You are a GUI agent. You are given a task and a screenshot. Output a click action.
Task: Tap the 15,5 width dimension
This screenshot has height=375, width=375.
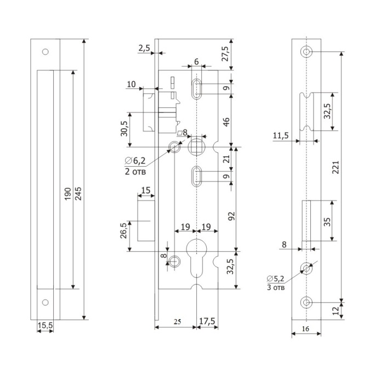(x=45, y=326)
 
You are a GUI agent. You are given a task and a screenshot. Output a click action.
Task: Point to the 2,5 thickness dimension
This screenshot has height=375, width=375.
(x=144, y=49)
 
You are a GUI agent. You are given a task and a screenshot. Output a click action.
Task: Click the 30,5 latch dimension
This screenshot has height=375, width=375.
(x=124, y=129)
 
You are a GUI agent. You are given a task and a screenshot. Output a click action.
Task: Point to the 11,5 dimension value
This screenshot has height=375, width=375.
(x=280, y=135)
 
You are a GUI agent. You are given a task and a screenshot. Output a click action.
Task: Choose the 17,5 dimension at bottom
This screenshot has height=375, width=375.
(x=208, y=320)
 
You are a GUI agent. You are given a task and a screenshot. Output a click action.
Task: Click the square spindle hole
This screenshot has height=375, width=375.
(x=196, y=147)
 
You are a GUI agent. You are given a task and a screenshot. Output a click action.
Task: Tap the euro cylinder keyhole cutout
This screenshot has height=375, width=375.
(x=196, y=258)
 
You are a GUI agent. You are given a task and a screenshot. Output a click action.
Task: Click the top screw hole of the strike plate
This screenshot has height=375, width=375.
(x=306, y=53)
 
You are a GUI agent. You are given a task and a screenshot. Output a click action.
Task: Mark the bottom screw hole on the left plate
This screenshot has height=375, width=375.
(x=45, y=302)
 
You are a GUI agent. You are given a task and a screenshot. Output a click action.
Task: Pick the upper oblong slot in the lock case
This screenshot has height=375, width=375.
(x=196, y=88)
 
